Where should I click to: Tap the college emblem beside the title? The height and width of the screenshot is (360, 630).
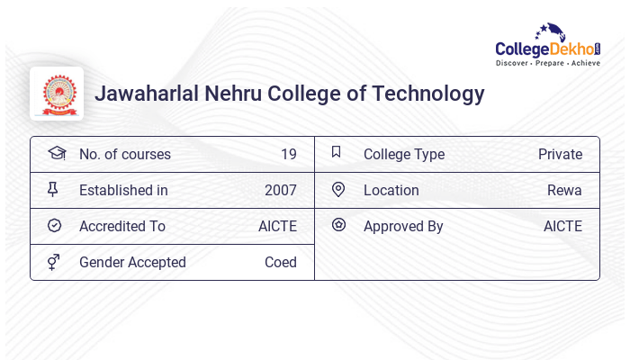[x=57, y=94]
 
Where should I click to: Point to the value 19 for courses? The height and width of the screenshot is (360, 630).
[x=288, y=155]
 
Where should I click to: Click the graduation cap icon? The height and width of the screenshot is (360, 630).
[x=56, y=154]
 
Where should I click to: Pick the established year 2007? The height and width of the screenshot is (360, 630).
[x=280, y=191]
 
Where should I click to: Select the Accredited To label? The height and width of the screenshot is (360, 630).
[x=122, y=227]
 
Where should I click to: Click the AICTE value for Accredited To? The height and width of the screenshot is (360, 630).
[x=277, y=227]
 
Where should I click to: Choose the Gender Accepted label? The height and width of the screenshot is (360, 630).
[x=132, y=263]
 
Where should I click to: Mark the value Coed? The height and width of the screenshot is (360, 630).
[x=280, y=263]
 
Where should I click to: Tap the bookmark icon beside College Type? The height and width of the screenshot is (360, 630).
[x=337, y=153]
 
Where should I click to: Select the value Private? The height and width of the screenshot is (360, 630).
[x=560, y=155]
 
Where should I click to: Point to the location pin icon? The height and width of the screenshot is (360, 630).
[x=338, y=190]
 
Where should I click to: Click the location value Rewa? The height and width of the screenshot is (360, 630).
[x=564, y=191]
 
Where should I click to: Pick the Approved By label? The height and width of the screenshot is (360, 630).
[x=403, y=227]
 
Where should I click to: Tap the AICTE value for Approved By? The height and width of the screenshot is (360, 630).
[x=562, y=227]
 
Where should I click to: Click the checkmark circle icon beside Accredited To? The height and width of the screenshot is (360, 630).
[x=55, y=226]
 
